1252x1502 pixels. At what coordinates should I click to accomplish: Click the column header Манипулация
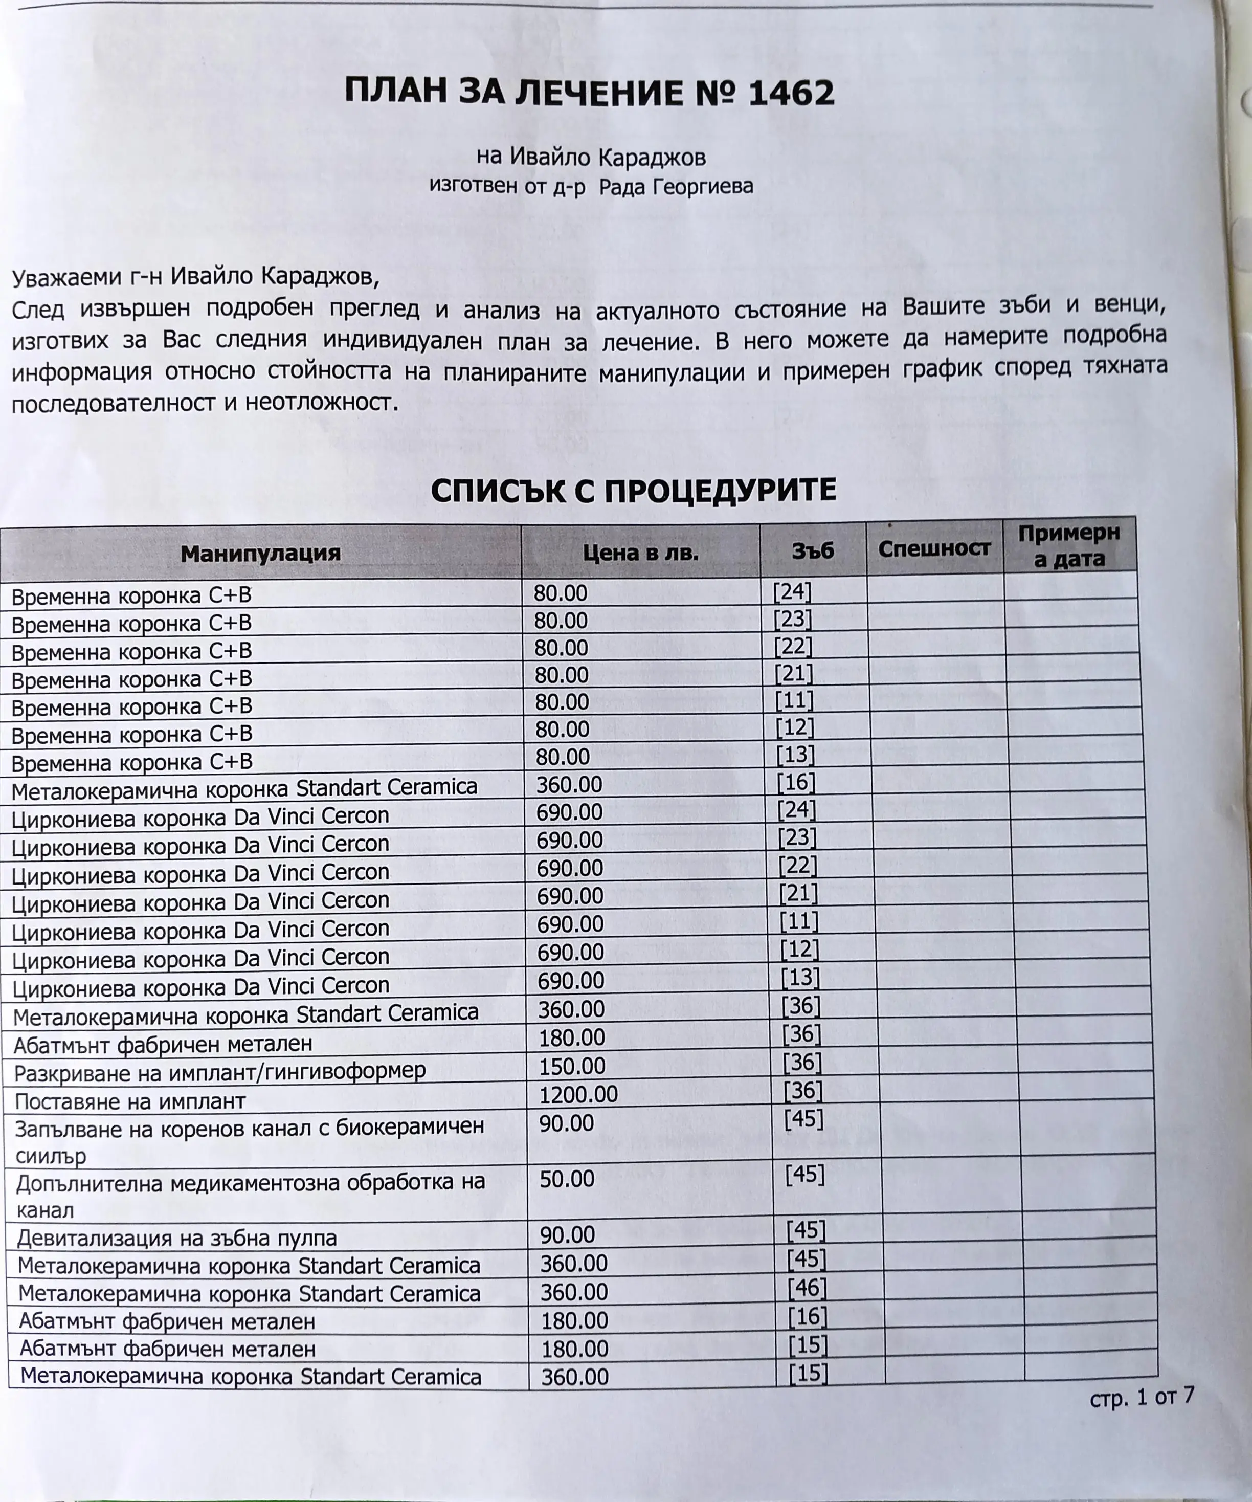[260, 553]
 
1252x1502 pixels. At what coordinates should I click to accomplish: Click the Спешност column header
[934, 548]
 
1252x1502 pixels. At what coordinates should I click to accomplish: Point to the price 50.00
[567, 1179]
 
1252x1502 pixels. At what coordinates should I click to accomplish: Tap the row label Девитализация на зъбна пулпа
[176, 1238]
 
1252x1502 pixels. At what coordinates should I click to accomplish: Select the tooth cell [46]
[807, 1289]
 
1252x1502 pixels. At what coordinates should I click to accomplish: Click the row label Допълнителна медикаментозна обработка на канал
[250, 1195]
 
